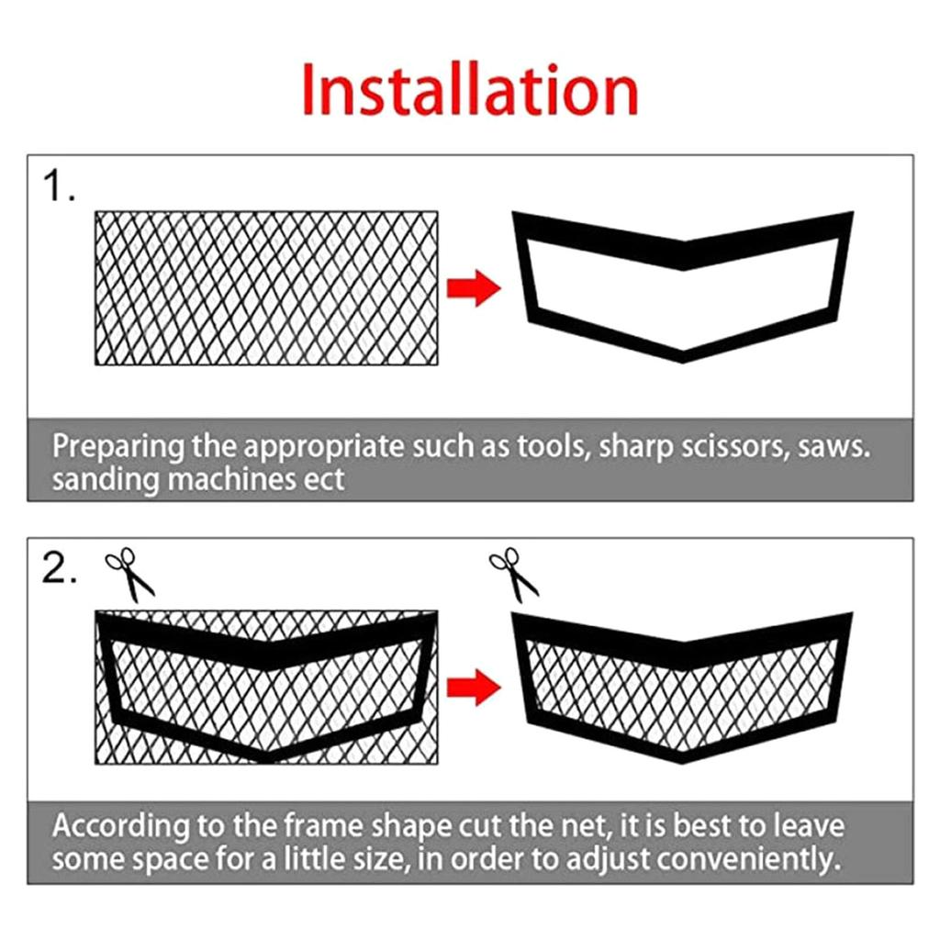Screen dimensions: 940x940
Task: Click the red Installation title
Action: click(x=469, y=90)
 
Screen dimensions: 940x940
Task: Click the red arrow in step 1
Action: click(x=474, y=288)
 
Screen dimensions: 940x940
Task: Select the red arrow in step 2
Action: click(x=474, y=687)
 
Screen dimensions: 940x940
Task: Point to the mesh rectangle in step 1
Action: click(x=266, y=288)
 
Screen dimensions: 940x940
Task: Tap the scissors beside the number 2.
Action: click(x=129, y=574)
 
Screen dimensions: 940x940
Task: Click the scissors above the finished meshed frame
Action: click(x=514, y=574)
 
